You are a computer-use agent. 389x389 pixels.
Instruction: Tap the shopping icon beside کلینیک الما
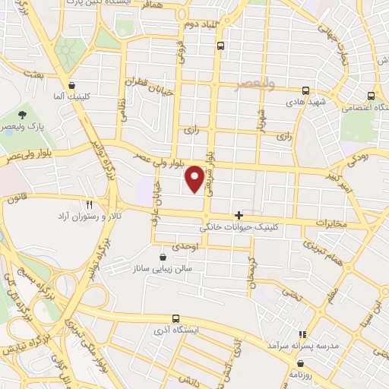point(71,86)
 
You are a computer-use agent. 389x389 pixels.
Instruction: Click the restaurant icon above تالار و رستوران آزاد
point(89,204)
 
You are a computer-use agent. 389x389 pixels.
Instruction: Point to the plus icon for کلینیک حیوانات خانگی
point(239,215)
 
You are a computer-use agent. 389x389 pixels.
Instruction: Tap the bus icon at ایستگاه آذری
point(176,318)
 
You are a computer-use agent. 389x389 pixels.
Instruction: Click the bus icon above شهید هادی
point(306,90)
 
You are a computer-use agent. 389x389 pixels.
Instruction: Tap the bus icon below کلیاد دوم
point(220,46)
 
